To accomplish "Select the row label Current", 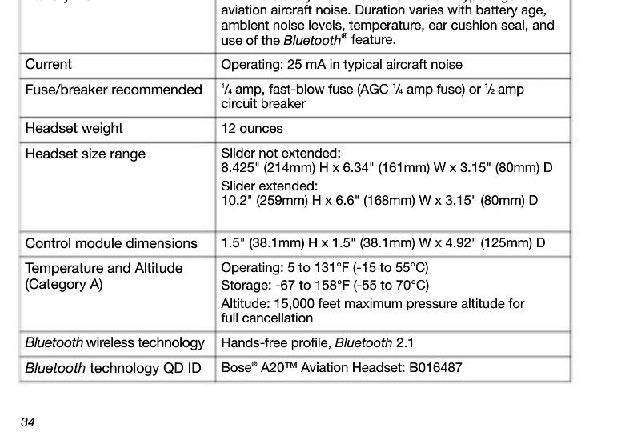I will [48, 65].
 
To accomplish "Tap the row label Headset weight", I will [74, 129].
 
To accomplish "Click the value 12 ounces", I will [252, 129].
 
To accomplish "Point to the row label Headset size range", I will [85, 154].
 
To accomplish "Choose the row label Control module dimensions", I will [111, 243].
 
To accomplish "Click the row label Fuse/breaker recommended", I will [114, 90].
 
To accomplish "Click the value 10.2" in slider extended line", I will [235, 200].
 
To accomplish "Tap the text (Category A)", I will [64, 285].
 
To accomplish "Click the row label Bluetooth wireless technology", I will [114, 343].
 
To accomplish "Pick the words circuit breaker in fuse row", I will [263, 104].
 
